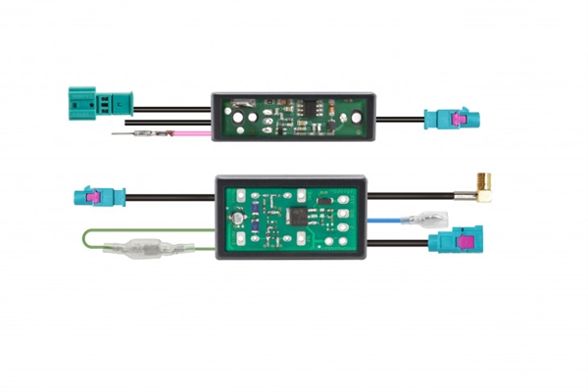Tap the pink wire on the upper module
pyautogui.click(x=186, y=131)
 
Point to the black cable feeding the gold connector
pyautogui.click(x=421, y=195)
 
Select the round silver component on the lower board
pyautogui.click(x=235, y=215)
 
